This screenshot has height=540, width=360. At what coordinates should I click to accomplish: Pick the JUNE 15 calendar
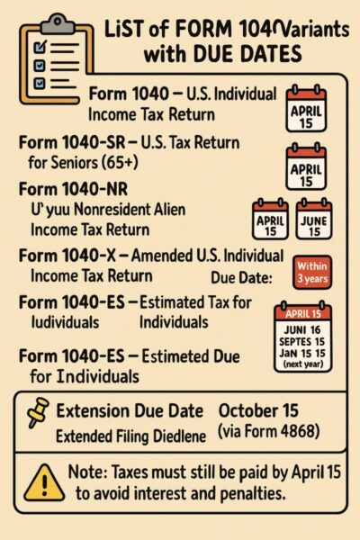(314, 219)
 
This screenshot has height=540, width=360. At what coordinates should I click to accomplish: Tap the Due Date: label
(241, 276)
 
